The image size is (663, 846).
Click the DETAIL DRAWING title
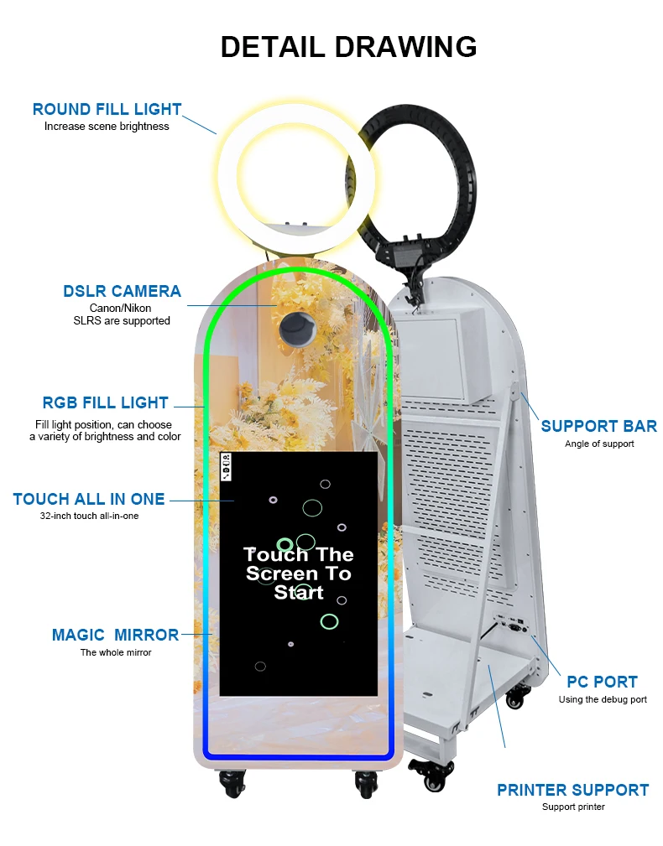[348, 47]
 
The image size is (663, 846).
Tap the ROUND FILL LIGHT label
[107, 109]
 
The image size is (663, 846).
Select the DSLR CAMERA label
[122, 291]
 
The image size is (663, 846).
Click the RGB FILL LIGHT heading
[105, 402]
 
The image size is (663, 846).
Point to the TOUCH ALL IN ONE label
[89, 499]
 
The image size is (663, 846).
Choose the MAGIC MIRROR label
[115, 635]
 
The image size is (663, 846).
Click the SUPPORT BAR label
[598, 426]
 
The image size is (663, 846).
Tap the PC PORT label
[603, 682]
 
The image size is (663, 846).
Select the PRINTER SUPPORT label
[572, 790]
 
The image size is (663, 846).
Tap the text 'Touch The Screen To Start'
[299, 574]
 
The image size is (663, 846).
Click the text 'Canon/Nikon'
[121, 309]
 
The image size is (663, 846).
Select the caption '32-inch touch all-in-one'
[89, 516]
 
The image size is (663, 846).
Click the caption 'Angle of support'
[598, 444]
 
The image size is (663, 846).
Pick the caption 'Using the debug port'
[603, 699]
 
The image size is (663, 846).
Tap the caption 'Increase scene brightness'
[107, 127]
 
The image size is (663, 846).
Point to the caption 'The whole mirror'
[116, 652]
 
